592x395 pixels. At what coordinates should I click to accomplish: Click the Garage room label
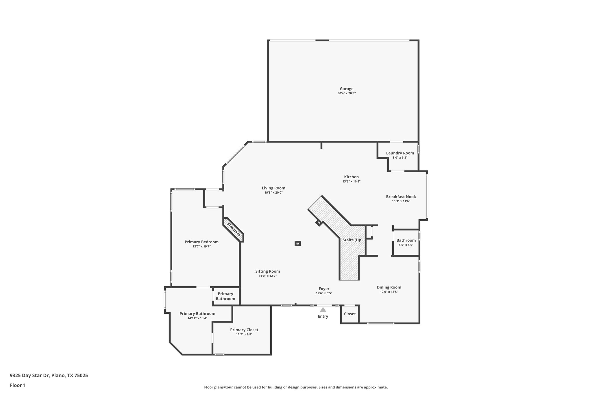pos(346,89)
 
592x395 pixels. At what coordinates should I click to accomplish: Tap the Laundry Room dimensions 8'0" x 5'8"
pos(400,158)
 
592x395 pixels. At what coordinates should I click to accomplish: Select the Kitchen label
pos(351,177)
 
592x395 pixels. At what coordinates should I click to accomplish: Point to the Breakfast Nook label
pos(401,197)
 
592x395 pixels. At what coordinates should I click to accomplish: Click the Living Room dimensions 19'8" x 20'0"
pos(273,192)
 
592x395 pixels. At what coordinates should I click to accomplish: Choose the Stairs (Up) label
pos(352,240)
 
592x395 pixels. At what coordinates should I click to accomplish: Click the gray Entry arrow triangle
pos(323,310)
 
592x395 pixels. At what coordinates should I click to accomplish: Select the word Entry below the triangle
pos(323,316)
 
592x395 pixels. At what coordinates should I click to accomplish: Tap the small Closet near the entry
pos(350,314)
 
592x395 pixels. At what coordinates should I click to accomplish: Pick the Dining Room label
pos(389,287)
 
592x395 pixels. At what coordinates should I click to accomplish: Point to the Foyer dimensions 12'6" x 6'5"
pos(324,293)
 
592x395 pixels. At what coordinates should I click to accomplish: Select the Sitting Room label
pos(267,271)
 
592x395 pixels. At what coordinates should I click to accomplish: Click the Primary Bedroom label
pos(201,242)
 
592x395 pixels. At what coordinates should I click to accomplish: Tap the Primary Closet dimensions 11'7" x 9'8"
pos(244,334)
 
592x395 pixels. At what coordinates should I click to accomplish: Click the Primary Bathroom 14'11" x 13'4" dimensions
pos(197,318)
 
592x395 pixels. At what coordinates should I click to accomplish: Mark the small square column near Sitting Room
pos(298,244)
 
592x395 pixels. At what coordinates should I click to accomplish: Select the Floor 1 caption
pos(18,385)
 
